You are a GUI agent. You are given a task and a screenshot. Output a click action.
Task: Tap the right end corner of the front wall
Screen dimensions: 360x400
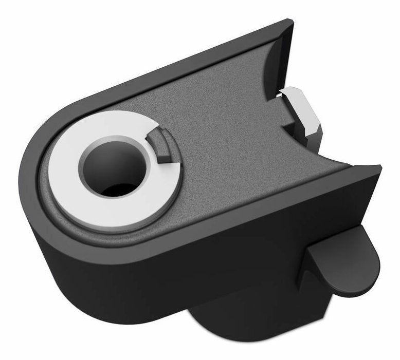(378, 169)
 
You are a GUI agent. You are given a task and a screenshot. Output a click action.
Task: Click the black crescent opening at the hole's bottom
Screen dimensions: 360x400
(116, 190)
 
